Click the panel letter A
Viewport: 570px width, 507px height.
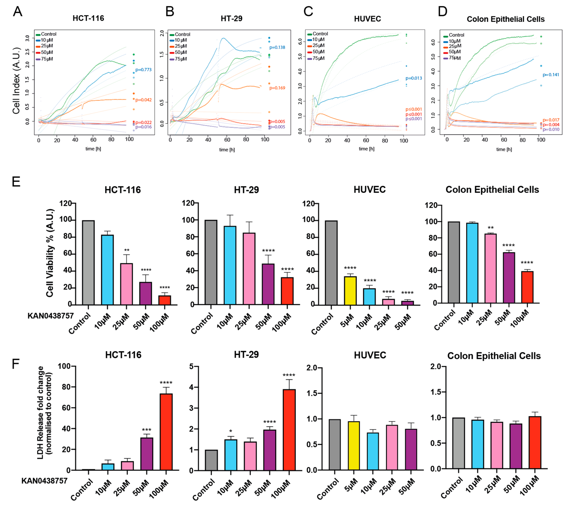click(17, 12)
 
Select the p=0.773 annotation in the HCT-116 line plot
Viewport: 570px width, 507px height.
click(143, 70)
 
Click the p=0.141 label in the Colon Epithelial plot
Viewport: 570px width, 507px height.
click(551, 75)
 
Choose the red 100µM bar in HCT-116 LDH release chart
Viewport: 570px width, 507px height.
click(166, 432)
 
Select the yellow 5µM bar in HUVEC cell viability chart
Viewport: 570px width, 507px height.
click(350, 291)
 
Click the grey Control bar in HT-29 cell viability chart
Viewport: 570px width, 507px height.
click(211, 262)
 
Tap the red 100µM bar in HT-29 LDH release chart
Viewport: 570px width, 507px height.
click(289, 430)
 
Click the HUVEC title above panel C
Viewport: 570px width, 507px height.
click(367, 19)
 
